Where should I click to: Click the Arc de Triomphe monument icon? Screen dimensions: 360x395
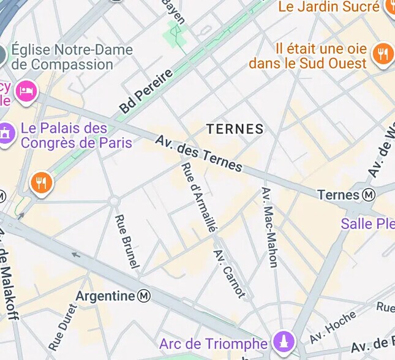tap(284, 342)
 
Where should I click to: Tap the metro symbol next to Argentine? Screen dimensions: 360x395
tap(144, 296)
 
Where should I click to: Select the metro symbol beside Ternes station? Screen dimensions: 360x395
tap(369, 195)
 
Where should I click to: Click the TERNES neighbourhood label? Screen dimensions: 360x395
tap(235, 129)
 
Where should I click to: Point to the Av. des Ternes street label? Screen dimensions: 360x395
tap(198, 153)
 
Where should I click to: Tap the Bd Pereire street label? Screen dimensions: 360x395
tap(146, 91)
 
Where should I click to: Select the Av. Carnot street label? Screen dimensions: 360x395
tap(229, 273)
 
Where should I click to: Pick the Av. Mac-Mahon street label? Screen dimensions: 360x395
tap(269, 227)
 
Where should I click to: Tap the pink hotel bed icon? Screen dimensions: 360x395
tap(26, 92)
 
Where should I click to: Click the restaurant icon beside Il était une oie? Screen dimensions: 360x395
tap(383, 54)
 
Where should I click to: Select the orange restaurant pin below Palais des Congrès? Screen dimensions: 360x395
tap(41, 182)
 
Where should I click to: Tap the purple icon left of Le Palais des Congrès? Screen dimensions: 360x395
tap(6, 132)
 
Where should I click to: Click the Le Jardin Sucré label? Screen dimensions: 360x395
tap(328, 7)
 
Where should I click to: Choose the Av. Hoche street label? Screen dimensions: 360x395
tap(333, 328)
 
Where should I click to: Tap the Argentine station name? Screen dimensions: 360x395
tap(105, 296)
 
